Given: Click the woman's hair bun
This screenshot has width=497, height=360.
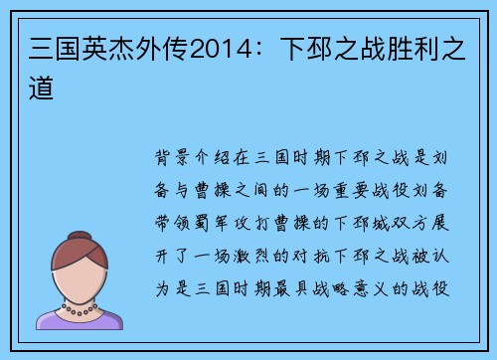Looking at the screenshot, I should (77, 221).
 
